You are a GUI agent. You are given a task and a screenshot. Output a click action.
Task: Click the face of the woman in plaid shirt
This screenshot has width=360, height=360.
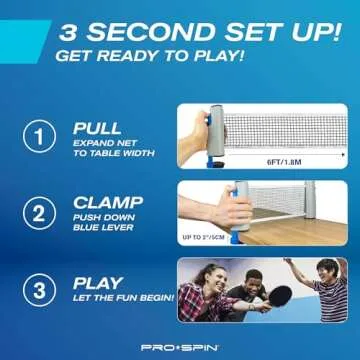tap(209, 276)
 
